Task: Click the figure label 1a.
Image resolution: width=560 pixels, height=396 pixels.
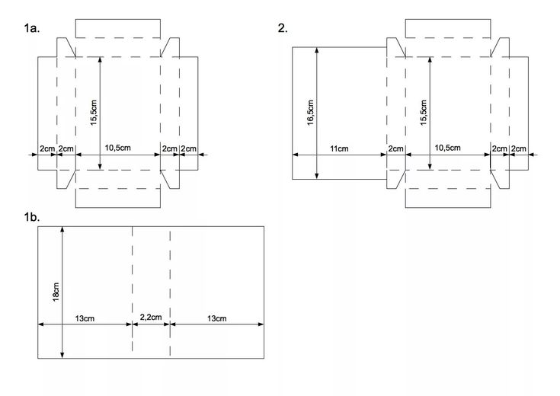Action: pyautogui.click(x=32, y=28)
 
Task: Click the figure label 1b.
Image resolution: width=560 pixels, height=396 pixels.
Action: pyautogui.click(x=32, y=217)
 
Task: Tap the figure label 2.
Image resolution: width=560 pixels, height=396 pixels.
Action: pyautogui.click(x=283, y=28)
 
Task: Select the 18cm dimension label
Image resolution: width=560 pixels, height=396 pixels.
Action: pyautogui.click(x=56, y=292)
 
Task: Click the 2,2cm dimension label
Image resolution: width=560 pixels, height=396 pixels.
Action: pyautogui.click(x=151, y=317)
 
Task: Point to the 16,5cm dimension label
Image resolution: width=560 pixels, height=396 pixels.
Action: pyautogui.click(x=310, y=113)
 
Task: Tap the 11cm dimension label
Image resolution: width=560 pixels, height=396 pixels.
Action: pyautogui.click(x=339, y=148)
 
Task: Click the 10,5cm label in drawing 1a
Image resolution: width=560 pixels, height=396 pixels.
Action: pyautogui.click(x=118, y=148)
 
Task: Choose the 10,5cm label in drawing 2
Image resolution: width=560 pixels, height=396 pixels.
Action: pyautogui.click(x=447, y=148)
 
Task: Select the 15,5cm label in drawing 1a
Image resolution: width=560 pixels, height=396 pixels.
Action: pyautogui.click(x=94, y=113)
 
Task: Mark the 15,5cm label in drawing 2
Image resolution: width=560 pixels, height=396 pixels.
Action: pyautogui.click(x=424, y=113)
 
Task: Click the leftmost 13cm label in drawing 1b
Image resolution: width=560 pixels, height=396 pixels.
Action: pyautogui.click(x=85, y=318)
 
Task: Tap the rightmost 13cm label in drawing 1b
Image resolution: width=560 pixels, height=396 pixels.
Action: pyautogui.click(x=217, y=318)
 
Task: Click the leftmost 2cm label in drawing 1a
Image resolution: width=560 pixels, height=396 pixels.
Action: pyautogui.click(x=47, y=148)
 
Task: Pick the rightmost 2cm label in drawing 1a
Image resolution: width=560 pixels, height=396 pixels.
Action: pyautogui.click(x=188, y=148)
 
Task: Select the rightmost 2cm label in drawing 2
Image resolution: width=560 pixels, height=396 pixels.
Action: pyautogui.click(x=518, y=148)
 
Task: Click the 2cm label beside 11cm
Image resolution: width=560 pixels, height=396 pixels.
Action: pyautogui.click(x=395, y=148)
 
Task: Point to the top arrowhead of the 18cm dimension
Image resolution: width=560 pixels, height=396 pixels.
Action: pyautogui.click(x=62, y=229)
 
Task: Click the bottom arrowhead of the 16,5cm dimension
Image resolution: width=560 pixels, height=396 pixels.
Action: pyautogui.click(x=317, y=176)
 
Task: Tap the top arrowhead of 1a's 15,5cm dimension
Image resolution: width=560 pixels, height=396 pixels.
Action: pyautogui.click(x=100, y=60)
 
